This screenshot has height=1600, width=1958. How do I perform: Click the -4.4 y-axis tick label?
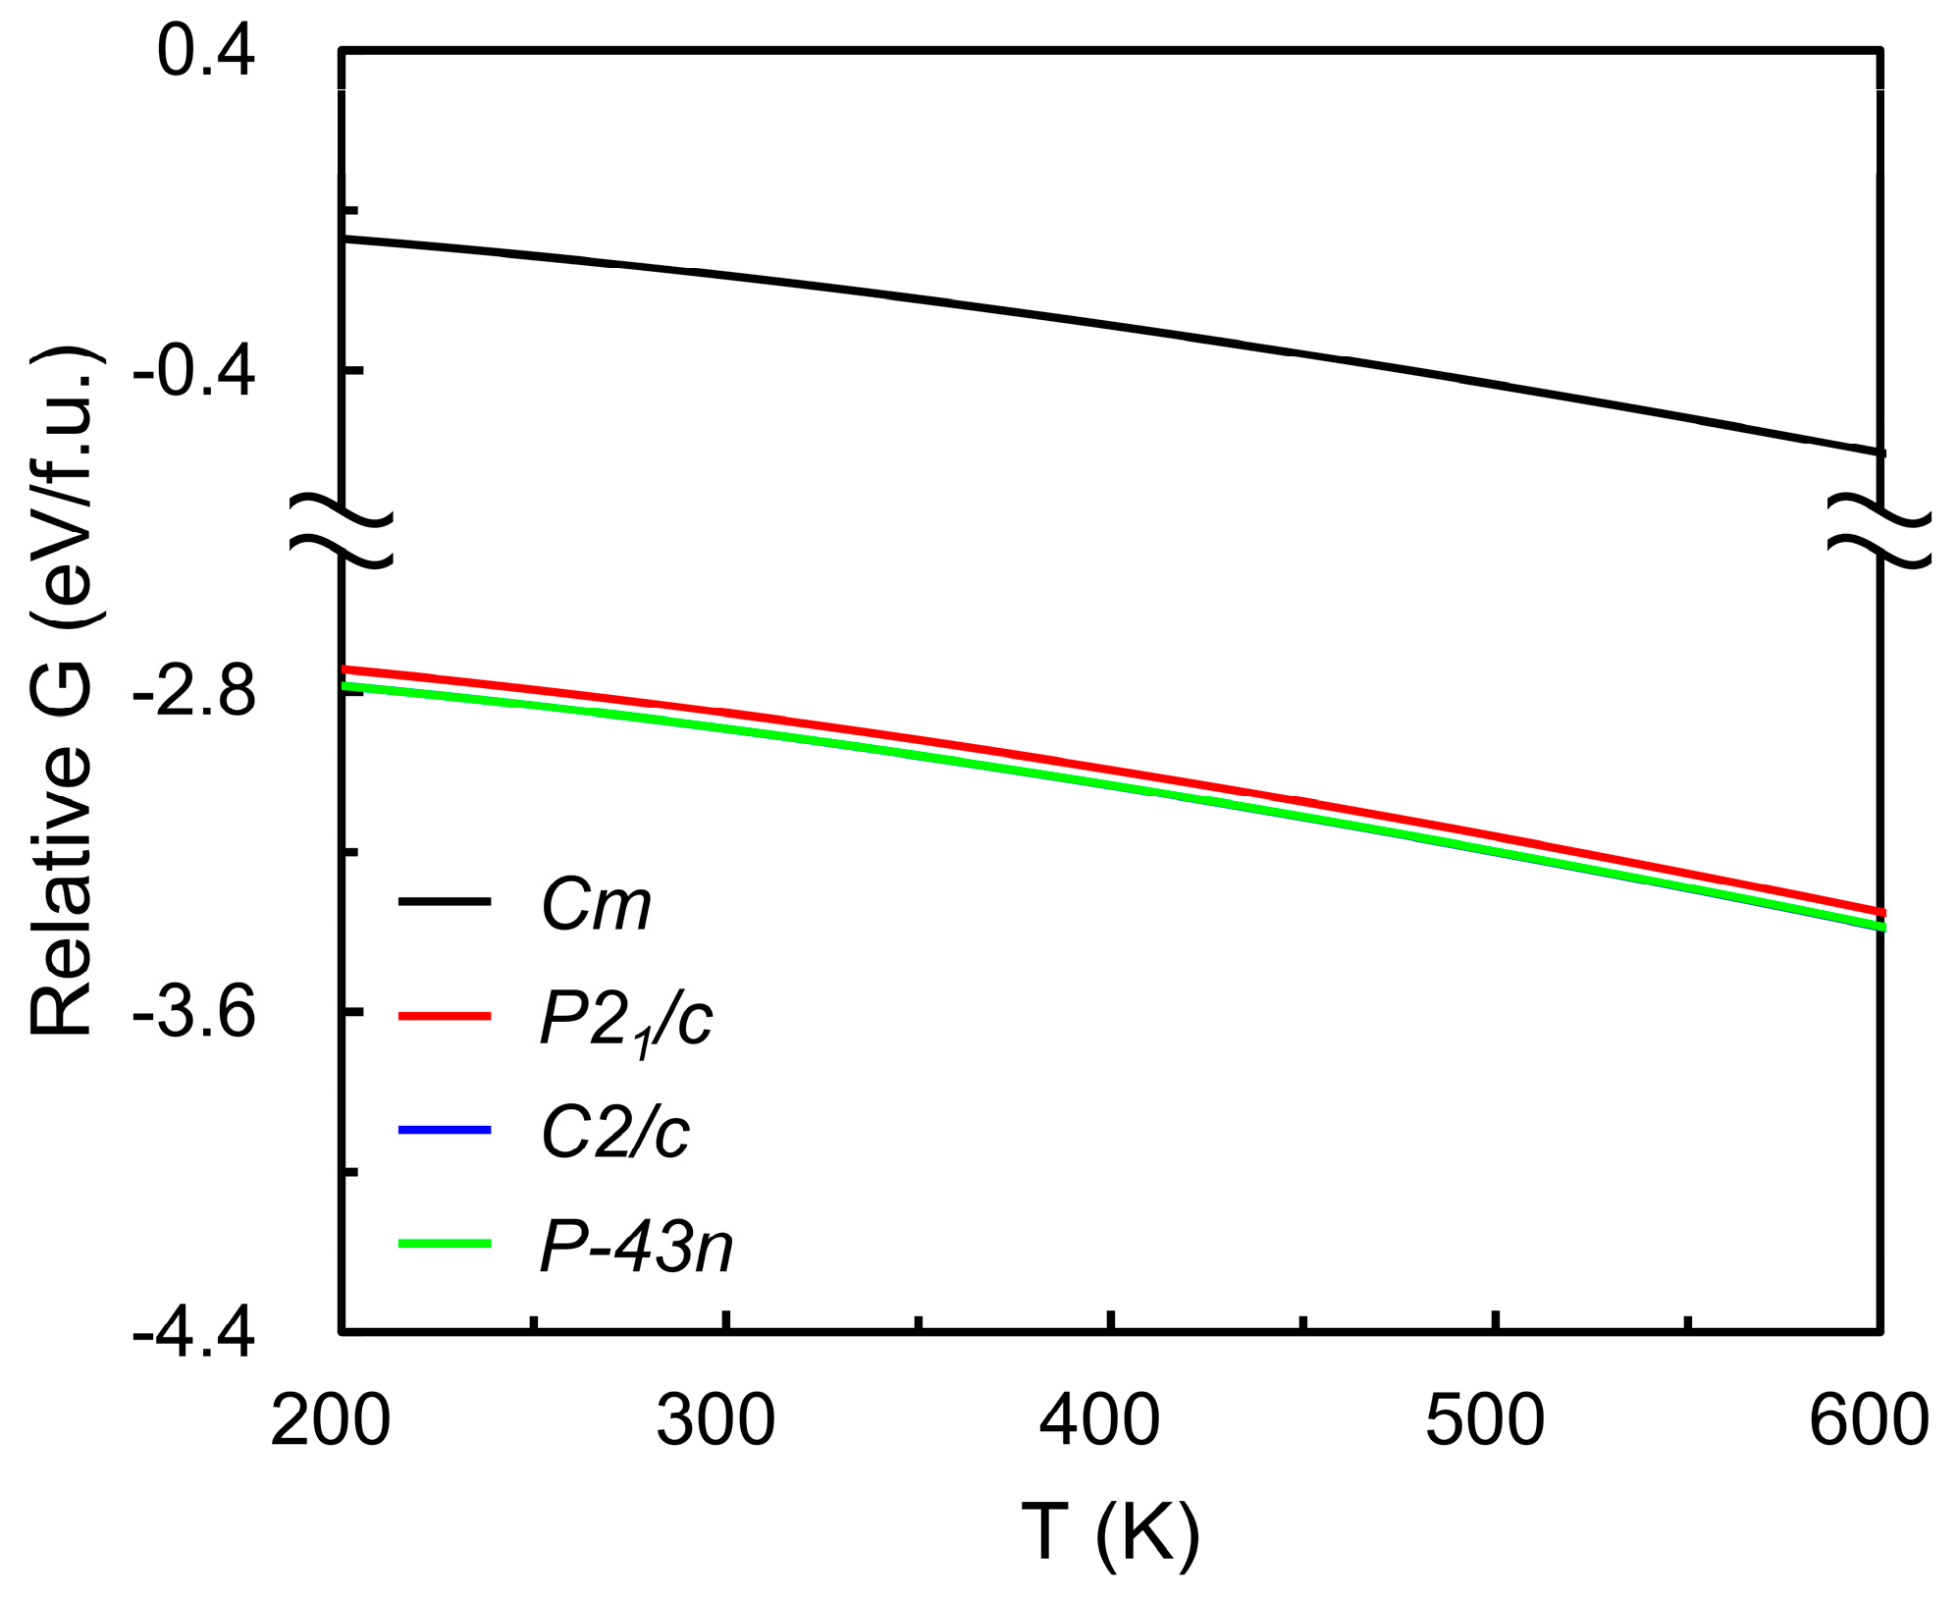click(193, 1332)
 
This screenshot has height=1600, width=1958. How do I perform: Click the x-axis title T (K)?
click(1110, 1532)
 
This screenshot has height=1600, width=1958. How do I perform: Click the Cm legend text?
click(596, 904)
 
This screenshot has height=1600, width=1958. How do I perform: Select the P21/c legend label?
click(625, 1021)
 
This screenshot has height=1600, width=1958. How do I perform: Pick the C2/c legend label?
click(614, 1133)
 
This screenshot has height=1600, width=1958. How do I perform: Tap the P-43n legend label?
click(636, 1248)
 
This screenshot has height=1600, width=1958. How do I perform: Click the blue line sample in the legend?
click(444, 1131)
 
